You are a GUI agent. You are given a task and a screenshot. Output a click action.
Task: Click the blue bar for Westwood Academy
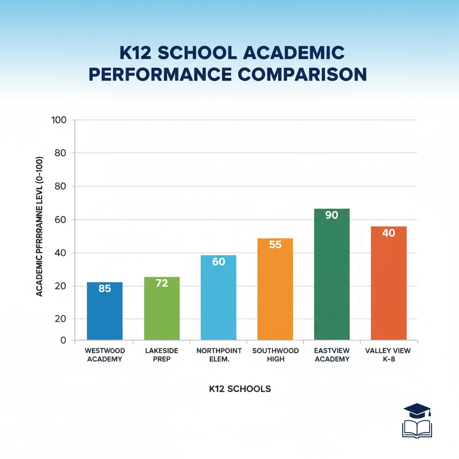[x=104, y=314]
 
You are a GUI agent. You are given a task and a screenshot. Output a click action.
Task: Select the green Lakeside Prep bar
[x=161, y=312]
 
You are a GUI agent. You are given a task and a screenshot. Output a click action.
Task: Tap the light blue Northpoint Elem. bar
[x=218, y=300]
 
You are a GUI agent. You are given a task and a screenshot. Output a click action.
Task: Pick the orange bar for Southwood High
[x=275, y=291]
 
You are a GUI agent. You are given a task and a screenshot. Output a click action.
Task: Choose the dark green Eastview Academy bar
[x=332, y=278]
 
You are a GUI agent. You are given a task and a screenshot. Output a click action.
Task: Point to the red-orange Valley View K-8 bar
[x=389, y=287]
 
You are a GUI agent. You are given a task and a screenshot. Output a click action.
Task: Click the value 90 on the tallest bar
[x=332, y=215]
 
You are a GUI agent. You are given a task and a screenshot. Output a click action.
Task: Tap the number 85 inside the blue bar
[x=104, y=289]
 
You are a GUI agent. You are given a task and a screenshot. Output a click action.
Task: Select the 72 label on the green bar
[x=161, y=283]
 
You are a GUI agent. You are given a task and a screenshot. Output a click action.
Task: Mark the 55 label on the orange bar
[x=275, y=245]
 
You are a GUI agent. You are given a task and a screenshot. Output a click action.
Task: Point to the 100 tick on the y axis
[x=59, y=120]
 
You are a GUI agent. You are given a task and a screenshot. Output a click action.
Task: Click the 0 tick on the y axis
[x=63, y=340]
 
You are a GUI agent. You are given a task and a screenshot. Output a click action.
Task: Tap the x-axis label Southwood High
[x=275, y=355]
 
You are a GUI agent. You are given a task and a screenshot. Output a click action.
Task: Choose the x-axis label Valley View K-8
[x=389, y=355]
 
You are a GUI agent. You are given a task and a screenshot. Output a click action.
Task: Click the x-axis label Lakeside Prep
[x=161, y=355]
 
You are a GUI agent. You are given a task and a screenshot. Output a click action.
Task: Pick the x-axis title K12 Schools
[x=240, y=389]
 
